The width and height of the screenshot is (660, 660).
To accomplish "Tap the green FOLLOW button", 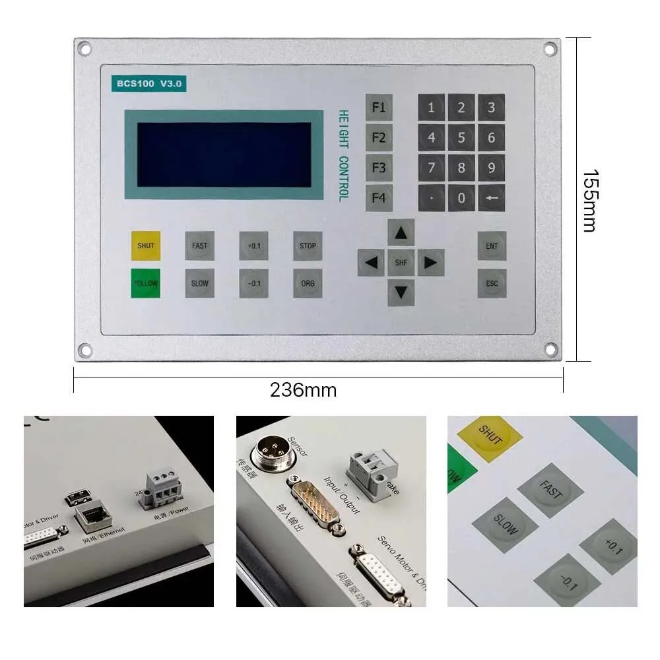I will [145, 283].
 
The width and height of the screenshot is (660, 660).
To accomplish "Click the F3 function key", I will [379, 168].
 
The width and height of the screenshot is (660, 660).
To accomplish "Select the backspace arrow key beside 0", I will [492, 197].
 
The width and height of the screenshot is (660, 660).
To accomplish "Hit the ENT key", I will [492, 246].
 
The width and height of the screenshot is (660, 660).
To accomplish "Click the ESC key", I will [492, 283].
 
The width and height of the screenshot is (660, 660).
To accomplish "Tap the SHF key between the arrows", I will [401, 263].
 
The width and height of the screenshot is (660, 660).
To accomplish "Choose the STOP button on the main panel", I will [308, 246].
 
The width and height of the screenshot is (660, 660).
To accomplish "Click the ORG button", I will [308, 283].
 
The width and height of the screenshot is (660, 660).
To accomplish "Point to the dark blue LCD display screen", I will [224, 154].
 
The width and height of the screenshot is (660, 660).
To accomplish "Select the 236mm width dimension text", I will [303, 391].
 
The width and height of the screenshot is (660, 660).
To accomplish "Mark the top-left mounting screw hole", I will [84, 48].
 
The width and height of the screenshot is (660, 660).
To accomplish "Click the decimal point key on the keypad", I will [431, 197].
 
